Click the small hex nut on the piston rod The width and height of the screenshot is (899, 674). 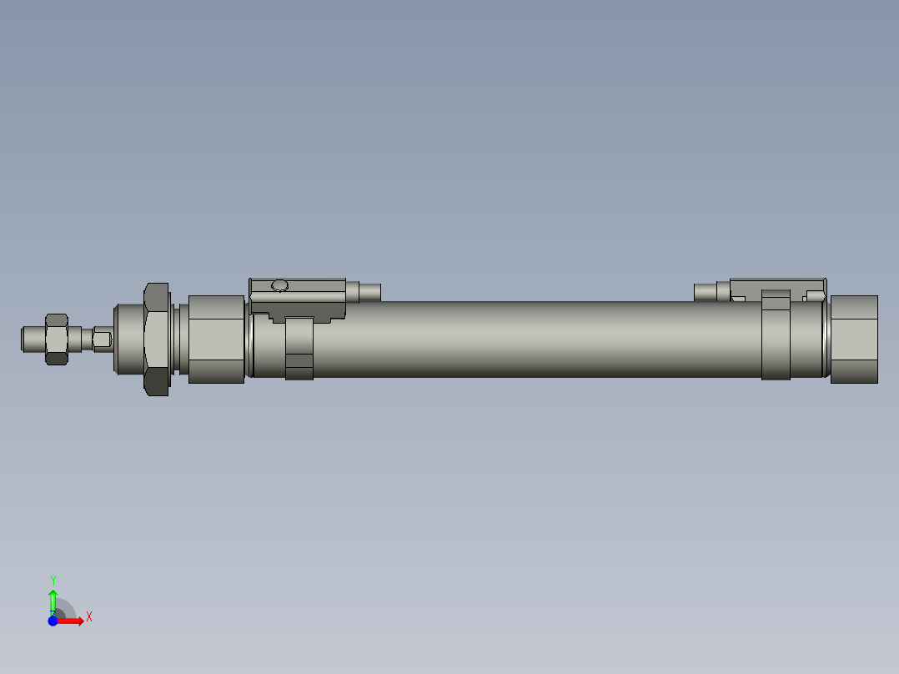(x=56, y=339)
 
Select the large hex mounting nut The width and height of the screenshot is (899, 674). (x=157, y=339)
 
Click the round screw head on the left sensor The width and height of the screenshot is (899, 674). (x=279, y=286)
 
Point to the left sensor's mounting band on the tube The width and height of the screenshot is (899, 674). (x=299, y=349)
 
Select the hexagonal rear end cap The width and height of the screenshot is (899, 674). (x=854, y=340)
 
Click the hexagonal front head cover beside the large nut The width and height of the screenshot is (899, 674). (x=216, y=340)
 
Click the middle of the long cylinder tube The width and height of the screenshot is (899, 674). (x=534, y=340)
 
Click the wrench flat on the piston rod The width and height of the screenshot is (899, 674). (x=103, y=340)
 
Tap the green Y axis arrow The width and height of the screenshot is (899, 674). (x=53, y=599)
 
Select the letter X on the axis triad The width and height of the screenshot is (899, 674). (x=89, y=617)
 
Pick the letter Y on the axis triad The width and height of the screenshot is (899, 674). (x=53, y=580)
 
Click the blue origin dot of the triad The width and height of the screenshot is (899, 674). (x=53, y=621)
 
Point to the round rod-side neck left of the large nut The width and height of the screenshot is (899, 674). (x=128, y=340)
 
